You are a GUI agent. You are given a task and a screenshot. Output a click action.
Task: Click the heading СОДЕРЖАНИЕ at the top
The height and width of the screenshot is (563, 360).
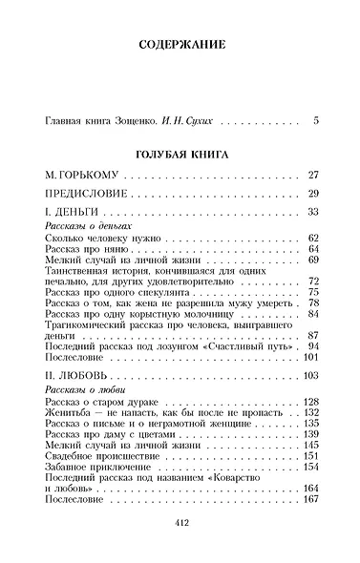click(x=180, y=45)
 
